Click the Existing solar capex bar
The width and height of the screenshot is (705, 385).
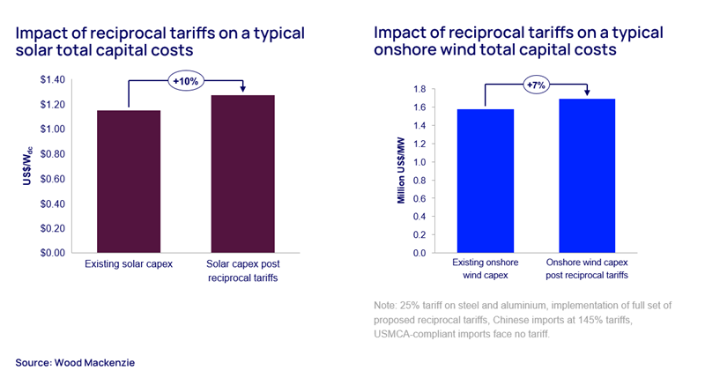coord(129,181)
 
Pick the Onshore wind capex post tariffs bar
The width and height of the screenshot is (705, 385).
coord(585,175)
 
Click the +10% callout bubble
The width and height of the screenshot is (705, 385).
coord(187,81)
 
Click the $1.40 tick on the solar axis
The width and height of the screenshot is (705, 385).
coord(52,80)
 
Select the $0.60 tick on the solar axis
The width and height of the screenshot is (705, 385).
coord(52,179)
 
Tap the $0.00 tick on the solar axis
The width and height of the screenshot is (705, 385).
coord(52,252)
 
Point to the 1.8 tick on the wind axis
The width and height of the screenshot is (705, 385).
coord(419,89)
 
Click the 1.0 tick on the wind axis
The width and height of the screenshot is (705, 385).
coord(419,162)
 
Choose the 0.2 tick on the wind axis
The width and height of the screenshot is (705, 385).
coord(419,234)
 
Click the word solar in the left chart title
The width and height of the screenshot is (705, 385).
coord(32,51)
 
